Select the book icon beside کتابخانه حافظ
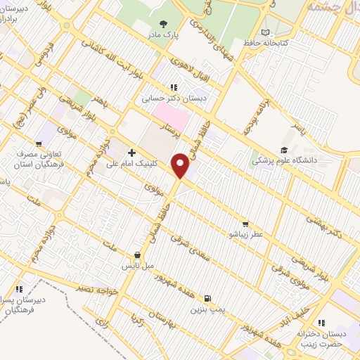coord(264,32)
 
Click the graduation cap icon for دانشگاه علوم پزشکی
coord(283,150)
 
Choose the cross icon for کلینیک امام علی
coord(131,152)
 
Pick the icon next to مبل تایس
coord(138,256)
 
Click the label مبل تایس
coord(138,267)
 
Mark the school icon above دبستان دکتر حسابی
coord(172,88)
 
